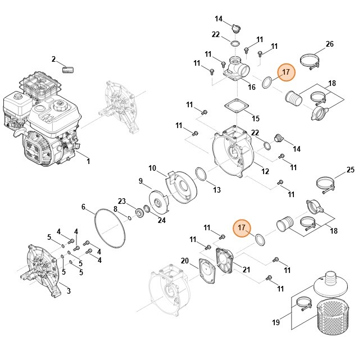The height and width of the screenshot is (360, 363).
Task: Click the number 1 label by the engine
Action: [x=88, y=162]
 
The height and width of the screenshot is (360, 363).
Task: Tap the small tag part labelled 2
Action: [x=70, y=69]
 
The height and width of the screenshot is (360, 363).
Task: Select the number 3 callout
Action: [x=69, y=290]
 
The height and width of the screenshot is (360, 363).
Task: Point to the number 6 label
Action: [x=84, y=207]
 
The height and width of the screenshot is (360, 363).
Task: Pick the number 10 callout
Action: [x=152, y=168]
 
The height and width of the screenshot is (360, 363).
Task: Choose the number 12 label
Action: [x=265, y=171]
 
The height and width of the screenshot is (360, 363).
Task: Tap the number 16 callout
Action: [x=252, y=87]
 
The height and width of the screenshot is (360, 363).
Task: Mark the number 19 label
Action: [x=276, y=322]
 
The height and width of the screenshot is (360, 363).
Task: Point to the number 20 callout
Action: [x=185, y=260]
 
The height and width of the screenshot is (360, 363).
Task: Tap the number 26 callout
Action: [x=329, y=44]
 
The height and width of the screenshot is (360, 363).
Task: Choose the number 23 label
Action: [x=121, y=200]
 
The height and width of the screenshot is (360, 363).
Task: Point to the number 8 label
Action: [x=116, y=209]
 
